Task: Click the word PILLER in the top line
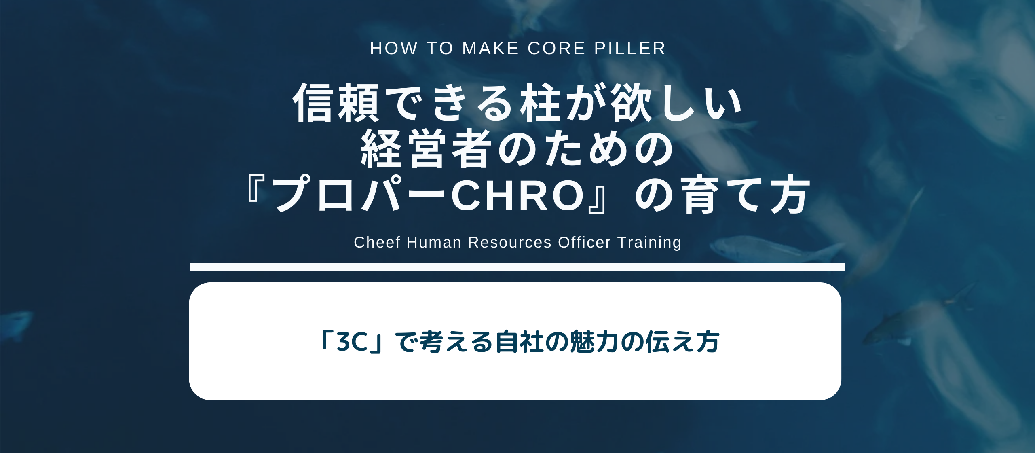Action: (629, 49)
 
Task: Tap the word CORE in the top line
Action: (556, 49)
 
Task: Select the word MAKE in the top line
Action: (490, 49)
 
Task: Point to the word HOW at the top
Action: (394, 49)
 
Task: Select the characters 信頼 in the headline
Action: (336, 103)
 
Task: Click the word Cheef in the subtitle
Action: (377, 242)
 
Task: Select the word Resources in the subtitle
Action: (509, 242)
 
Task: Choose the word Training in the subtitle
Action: (649, 242)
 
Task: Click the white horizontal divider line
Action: (517, 267)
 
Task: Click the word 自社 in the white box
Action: (520, 342)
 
